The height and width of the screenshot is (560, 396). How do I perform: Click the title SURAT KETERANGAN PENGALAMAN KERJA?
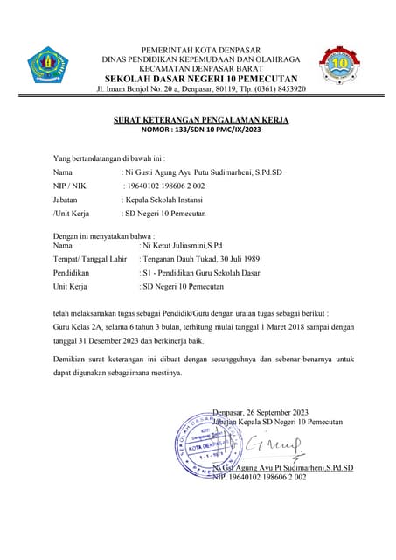pyautogui.click(x=201, y=120)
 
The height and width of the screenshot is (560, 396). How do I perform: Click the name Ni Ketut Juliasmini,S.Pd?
pyautogui.click(x=183, y=246)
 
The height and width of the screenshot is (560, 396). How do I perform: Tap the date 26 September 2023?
pyautogui.click(x=278, y=413)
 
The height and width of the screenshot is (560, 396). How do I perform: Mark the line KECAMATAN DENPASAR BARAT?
pyautogui.click(x=201, y=67)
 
